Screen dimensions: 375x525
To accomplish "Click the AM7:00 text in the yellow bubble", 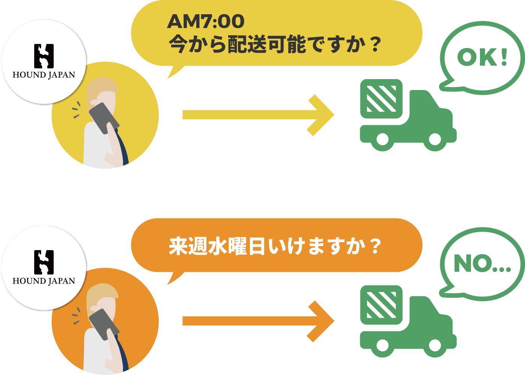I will (206, 21).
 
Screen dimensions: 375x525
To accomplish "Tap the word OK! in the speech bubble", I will (483, 57).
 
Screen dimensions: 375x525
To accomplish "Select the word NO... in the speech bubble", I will (482, 264).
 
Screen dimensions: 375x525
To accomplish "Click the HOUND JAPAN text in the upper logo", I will (44, 75).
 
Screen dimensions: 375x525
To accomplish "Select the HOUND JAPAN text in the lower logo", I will (44, 281).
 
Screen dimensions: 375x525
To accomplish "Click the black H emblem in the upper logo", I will (44, 56).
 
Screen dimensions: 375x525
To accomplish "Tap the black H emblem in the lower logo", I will (44, 262).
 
